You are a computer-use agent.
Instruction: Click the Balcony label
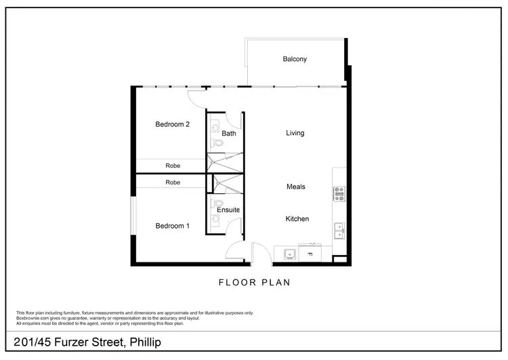click(295, 59)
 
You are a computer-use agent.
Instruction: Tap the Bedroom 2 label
click(172, 124)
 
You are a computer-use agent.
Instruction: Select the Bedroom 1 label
click(172, 226)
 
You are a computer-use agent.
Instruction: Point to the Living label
click(295, 133)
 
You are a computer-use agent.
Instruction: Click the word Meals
click(295, 186)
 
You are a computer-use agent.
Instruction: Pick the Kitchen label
click(297, 219)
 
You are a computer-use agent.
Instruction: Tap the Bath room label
click(229, 134)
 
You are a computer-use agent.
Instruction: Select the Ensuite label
click(228, 210)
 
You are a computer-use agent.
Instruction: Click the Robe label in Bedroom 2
click(172, 165)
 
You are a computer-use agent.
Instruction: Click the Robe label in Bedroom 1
click(172, 182)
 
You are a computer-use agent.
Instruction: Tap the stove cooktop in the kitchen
click(339, 194)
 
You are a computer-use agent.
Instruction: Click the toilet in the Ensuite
click(217, 203)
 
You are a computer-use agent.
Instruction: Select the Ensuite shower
click(227, 184)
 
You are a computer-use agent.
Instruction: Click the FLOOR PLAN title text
click(254, 282)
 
